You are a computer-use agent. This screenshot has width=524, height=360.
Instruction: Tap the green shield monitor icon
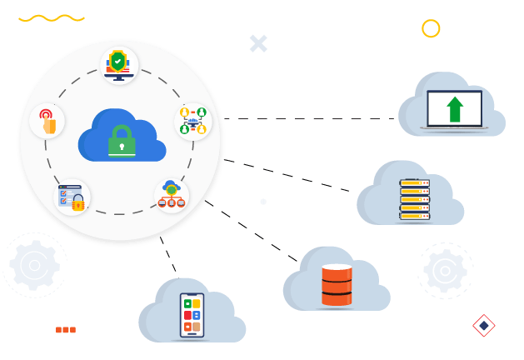pyautogui.click(x=119, y=64)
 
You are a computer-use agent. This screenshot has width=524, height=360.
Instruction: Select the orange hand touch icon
pyautogui.click(x=47, y=122)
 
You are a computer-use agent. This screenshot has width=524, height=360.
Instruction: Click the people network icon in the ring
pyautogui.click(x=192, y=121)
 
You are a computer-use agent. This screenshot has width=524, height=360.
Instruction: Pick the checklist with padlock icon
pyautogui.click(x=72, y=197)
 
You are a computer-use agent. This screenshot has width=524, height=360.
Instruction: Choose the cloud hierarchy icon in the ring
pyautogui.click(x=172, y=195)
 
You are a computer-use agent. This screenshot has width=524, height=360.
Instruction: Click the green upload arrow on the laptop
pyautogui.click(x=455, y=109)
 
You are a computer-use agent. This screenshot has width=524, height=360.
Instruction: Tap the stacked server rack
pyautogui.click(x=413, y=200)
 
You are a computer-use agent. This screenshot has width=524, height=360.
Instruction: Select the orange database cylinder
pyautogui.click(x=337, y=285)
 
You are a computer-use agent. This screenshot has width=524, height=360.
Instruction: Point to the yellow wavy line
pyautogui.click(x=52, y=17)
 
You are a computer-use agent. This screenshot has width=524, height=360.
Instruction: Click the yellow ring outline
pyautogui.click(x=431, y=29)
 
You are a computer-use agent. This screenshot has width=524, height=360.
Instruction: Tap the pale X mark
pyautogui.click(x=258, y=43)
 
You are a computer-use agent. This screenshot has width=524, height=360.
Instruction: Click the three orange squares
pyautogui.click(x=66, y=330)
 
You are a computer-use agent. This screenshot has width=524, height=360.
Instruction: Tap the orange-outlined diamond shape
pyautogui.click(x=483, y=325)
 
